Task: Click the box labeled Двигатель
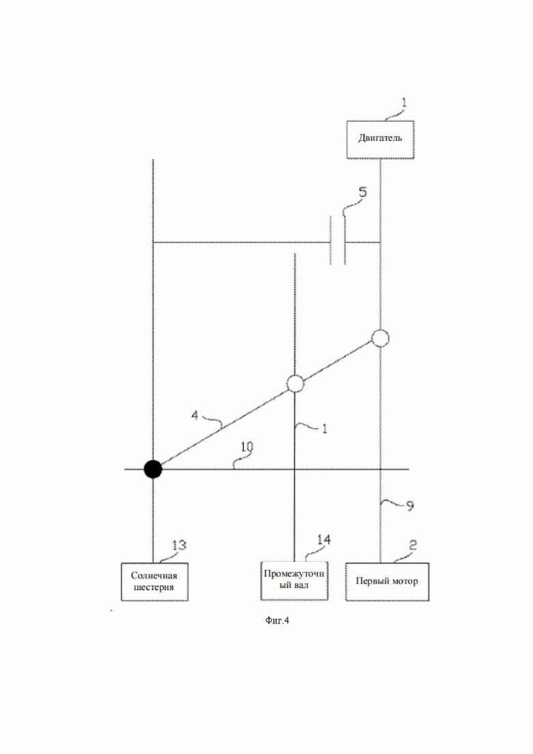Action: (380, 139)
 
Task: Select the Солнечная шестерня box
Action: (154, 581)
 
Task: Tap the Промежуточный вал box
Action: (294, 580)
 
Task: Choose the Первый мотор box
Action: (387, 581)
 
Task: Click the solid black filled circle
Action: (153, 468)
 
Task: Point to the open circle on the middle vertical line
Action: (295, 383)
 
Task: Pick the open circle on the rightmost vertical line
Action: (380, 338)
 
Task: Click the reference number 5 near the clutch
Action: (363, 192)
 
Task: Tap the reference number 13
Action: (179, 546)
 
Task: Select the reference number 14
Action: (323, 539)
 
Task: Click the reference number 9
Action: (410, 506)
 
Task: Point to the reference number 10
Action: (247, 446)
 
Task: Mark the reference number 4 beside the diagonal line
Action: (195, 414)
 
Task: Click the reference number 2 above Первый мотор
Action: (412, 545)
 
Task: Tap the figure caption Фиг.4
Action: (277, 620)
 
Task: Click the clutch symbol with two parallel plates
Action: (338, 241)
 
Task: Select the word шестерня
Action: (154, 587)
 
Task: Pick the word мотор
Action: (406, 581)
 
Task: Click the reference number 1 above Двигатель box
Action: (405, 102)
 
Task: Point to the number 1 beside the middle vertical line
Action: (325, 429)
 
